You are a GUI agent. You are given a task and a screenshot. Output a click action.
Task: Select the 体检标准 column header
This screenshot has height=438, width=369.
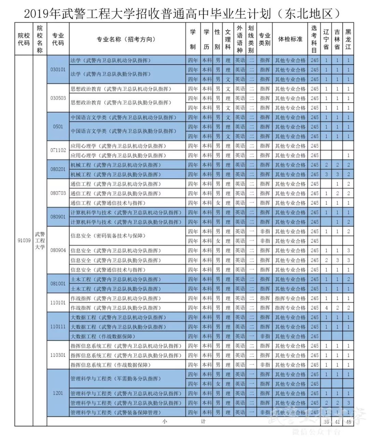tap(290, 39)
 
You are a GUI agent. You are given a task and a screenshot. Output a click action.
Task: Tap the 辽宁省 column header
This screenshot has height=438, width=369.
tap(326, 39)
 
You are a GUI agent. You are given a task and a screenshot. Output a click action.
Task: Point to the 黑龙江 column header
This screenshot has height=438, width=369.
tap(348, 39)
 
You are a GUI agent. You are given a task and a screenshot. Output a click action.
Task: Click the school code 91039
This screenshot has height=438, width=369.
tap(24, 240)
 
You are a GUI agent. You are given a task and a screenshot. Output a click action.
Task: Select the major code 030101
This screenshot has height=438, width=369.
tap(58, 70)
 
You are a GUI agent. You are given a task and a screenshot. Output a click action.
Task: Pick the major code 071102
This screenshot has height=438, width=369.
tap(58, 150)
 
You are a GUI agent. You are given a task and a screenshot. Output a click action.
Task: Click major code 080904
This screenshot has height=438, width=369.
tap(58, 250)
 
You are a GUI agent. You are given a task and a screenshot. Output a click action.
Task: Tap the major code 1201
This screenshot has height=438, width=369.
tap(58, 393)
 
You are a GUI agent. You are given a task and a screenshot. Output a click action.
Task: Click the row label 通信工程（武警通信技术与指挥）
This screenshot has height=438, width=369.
tap(108, 203)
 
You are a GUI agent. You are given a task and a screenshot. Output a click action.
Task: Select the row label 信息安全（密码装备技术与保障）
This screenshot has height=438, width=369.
tap(108, 236)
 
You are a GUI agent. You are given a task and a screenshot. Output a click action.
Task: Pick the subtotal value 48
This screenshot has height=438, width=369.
tap(348, 422)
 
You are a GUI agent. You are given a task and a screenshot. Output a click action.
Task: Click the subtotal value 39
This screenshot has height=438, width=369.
tap(326, 422)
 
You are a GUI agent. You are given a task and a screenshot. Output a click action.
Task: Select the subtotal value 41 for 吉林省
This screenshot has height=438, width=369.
tap(337, 422)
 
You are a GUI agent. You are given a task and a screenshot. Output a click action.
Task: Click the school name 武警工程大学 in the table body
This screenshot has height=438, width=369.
tap(40, 240)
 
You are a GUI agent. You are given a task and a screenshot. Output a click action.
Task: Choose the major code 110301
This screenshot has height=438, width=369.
tap(58, 355)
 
